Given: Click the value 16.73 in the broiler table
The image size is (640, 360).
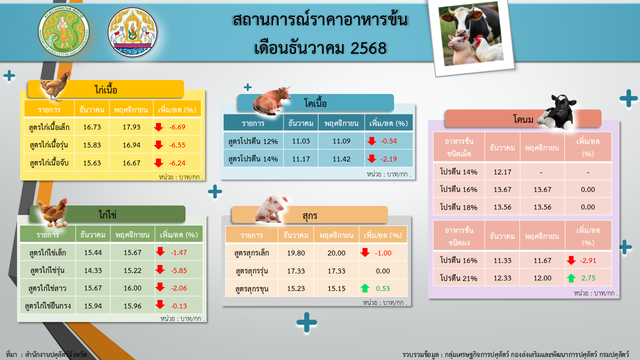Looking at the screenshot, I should pyautogui.click(x=92, y=127).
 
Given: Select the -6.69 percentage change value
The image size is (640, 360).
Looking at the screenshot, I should pyautogui.click(x=177, y=127).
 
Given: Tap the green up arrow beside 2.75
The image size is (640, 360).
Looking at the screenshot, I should pyautogui.click(x=571, y=278).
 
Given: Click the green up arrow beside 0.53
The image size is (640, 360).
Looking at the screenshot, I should pyautogui.click(x=365, y=288).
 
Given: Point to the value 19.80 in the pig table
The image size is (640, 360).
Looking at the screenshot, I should pyautogui.click(x=296, y=253).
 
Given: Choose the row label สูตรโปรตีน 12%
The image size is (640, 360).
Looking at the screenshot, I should pyautogui.click(x=253, y=141).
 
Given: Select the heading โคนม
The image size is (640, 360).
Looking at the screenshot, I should pyautogui.click(x=523, y=119).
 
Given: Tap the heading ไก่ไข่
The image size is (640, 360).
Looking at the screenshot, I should pyautogui.click(x=107, y=214).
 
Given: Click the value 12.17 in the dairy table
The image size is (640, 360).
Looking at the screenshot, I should pyautogui.click(x=502, y=172).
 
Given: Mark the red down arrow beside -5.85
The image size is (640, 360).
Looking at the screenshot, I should pyautogui.click(x=160, y=270).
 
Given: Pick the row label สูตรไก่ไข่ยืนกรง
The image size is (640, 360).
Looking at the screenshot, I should pyautogui.click(x=48, y=305).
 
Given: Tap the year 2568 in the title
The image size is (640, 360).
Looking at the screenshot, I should pyautogui.click(x=369, y=48).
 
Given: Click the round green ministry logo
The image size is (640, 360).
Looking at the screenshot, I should pyautogui.click(x=63, y=32).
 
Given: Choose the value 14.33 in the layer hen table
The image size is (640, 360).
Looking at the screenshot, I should pyautogui.click(x=93, y=270).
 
